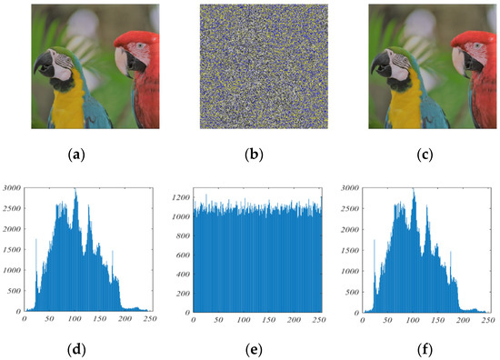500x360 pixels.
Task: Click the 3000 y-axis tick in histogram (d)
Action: [13, 188]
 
